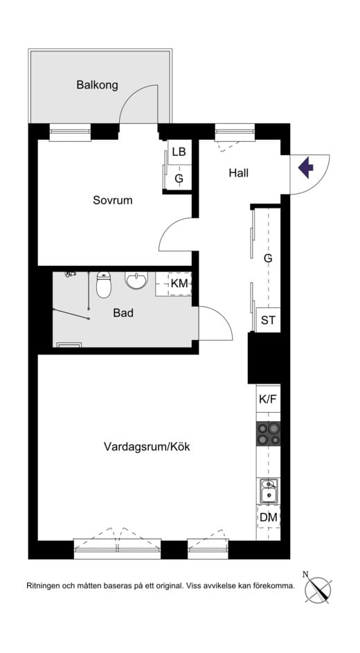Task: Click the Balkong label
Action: tap(97, 85)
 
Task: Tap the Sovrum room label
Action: tap(112, 200)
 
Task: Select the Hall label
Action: tap(238, 172)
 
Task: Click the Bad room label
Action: tap(123, 313)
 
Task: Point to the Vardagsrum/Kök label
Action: tap(147, 447)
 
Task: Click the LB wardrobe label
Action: tap(179, 152)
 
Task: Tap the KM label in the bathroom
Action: tap(179, 283)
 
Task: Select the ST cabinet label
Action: tap(268, 321)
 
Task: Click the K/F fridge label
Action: tap(268, 400)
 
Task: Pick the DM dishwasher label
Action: tap(268, 517)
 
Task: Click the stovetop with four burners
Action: tap(269, 433)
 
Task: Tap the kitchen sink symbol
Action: tap(269, 491)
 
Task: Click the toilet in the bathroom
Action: tap(104, 284)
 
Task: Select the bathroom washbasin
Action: tap(136, 281)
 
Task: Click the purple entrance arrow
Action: tap(305, 168)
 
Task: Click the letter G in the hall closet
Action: tap(268, 258)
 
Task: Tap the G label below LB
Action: tap(179, 179)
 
